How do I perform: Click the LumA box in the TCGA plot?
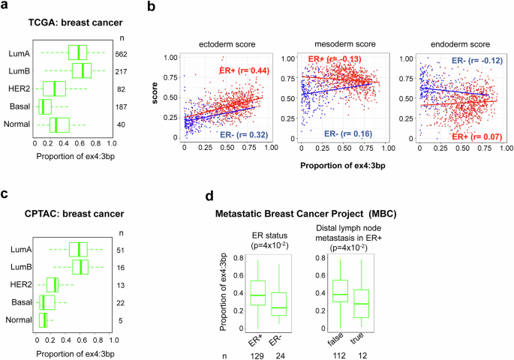(77, 52)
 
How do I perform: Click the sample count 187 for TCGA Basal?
(122, 106)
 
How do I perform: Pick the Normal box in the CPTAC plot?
(44, 321)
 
